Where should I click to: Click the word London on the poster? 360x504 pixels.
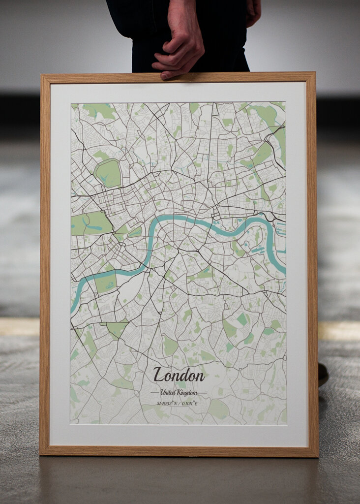coord(179,376)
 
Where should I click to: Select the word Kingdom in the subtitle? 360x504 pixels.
coord(188,393)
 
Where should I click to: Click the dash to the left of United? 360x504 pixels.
coord(154,393)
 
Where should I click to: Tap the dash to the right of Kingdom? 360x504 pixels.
coord(202,393)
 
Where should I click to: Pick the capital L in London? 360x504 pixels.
coord(159,375)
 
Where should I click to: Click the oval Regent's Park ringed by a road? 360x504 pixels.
coord(108,173)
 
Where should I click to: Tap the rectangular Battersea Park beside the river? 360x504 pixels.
coord(105,283)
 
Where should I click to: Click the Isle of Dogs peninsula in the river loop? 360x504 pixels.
coord(256,241)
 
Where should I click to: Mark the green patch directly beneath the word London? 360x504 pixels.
coord(181,385)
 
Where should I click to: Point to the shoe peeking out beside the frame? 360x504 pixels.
coord(323,374)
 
